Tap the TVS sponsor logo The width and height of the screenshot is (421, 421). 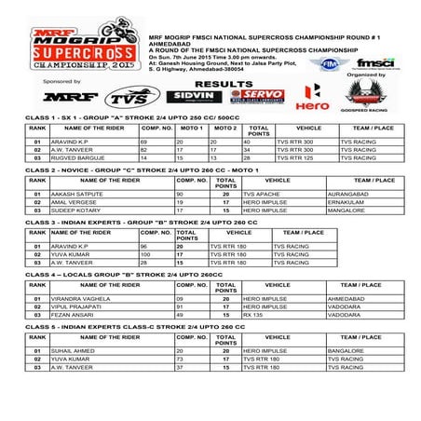click(127, 97)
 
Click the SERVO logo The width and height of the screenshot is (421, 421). click(256, 96)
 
